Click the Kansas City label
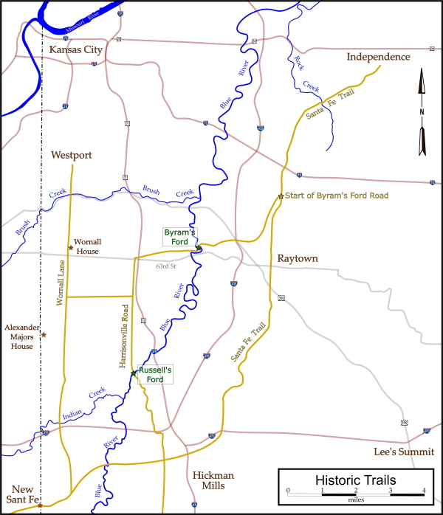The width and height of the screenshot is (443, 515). tap(75, 49)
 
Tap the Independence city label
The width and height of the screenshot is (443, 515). tap(378, 57)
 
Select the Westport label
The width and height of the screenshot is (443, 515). tap(72, 155)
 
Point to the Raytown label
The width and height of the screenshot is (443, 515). tap(297, 258)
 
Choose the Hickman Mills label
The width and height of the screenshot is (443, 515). tap(213, 480)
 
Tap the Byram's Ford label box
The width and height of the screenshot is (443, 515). tap(180, 237)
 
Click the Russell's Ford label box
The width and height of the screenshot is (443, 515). tap(155, 374)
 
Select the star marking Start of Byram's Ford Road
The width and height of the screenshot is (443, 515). tap(281, 196)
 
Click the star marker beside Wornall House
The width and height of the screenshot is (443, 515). tap(71, 247)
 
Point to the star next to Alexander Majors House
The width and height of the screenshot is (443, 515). tap(44, 335)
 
